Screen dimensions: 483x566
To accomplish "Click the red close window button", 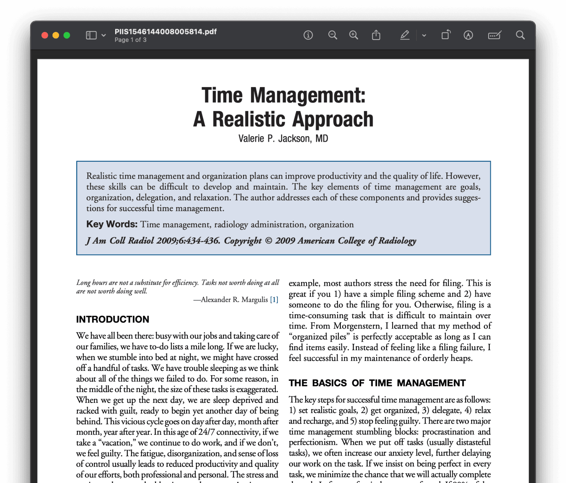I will point(45,35).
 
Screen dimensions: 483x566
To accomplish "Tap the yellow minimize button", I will point(56,35).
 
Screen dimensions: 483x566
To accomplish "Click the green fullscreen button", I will point(67,35).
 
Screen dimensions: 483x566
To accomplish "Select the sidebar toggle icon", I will point(91,35).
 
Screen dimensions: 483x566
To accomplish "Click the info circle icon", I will point(308,35).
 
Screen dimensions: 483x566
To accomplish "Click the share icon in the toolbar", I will point(376,35).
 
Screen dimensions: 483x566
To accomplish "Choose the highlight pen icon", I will point(405,35).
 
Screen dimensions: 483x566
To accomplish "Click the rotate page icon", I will point(446,35).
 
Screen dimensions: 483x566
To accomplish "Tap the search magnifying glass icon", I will point(520,35).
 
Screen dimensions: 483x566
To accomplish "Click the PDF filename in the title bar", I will point(165,32).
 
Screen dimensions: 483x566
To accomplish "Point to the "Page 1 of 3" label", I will point(130,40).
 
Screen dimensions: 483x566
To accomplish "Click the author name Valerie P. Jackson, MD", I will point(283,139).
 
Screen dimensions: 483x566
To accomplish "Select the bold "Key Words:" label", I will point(112,224).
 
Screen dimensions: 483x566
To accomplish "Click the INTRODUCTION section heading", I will point(112,319).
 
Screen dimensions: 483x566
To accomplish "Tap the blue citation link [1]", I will point(274,299).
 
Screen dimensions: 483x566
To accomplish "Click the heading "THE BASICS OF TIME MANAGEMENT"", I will point(377,383).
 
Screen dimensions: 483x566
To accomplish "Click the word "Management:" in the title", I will point(307,95).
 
